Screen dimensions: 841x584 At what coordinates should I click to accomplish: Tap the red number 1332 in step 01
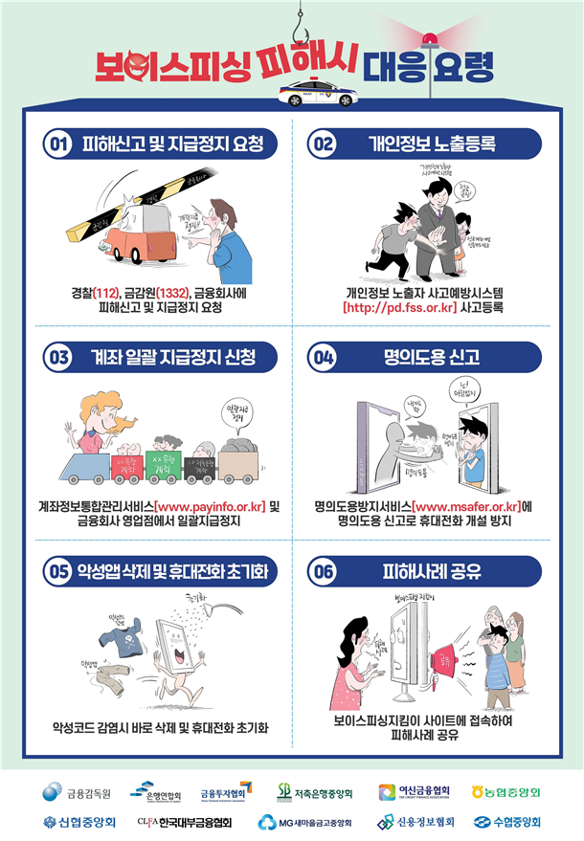pos(171,292)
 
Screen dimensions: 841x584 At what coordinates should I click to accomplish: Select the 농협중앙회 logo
pos(506,792)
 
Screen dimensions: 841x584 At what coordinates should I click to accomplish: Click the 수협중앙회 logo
pos(506,822)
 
